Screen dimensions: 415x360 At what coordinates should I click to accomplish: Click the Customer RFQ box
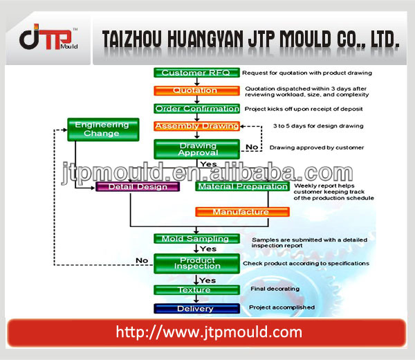(196, 73)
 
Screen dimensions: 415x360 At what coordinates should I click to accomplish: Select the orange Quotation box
(196, 91)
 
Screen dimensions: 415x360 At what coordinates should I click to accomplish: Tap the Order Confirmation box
(196, 109)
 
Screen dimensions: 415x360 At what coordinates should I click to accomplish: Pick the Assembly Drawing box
(196, 126)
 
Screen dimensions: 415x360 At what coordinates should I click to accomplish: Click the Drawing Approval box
(196, 149)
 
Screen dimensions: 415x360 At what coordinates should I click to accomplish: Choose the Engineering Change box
(103, 129)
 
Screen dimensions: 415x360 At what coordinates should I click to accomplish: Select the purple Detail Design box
(138, 187)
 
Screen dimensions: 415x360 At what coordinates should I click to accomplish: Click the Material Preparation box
(243, 186)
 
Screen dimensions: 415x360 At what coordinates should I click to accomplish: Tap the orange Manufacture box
(243, 212)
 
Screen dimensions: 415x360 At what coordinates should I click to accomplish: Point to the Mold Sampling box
(196, 239)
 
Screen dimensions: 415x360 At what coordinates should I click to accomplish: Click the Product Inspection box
(196, 264)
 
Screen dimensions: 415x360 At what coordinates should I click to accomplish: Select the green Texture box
(196, 290)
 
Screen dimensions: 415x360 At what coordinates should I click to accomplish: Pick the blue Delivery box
(196, 309)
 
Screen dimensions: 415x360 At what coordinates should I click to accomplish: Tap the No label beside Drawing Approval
(252, 147)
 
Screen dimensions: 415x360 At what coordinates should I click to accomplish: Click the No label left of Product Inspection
(142, 260)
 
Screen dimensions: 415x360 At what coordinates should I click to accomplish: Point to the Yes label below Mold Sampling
(208, 249)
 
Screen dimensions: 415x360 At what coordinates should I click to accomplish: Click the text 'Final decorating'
(275, 289)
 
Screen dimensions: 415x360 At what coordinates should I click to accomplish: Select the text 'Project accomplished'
(282, 307)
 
